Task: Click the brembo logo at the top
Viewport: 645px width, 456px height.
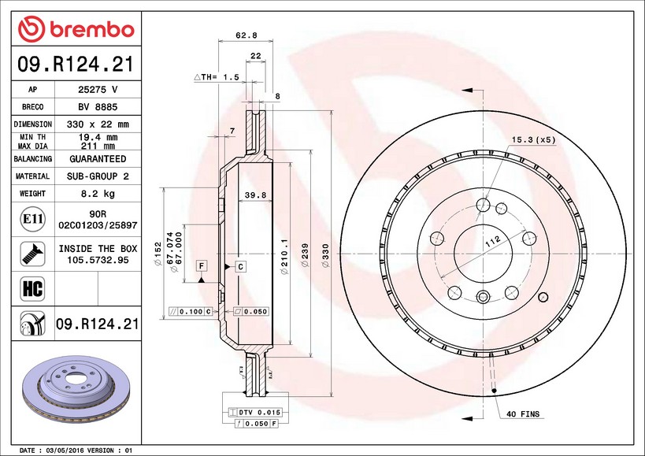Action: point(76,30)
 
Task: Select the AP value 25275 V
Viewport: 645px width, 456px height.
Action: point(97,90)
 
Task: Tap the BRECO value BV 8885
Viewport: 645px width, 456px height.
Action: point(97,107)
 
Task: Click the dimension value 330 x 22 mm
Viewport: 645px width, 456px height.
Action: point(97,124)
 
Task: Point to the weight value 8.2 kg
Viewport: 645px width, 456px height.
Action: point(97,193)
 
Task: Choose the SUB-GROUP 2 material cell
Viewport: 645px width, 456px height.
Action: point(97,176)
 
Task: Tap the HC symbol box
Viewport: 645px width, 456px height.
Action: point(32,288)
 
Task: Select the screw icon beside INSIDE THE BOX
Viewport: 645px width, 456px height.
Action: point(32,254)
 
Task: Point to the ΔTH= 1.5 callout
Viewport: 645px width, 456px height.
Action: point(216,77)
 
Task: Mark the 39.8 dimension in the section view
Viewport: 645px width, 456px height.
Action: point(254,195)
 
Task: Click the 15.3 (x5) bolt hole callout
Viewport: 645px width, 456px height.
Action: point(534,139)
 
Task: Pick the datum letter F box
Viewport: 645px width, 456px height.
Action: point(202,266)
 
